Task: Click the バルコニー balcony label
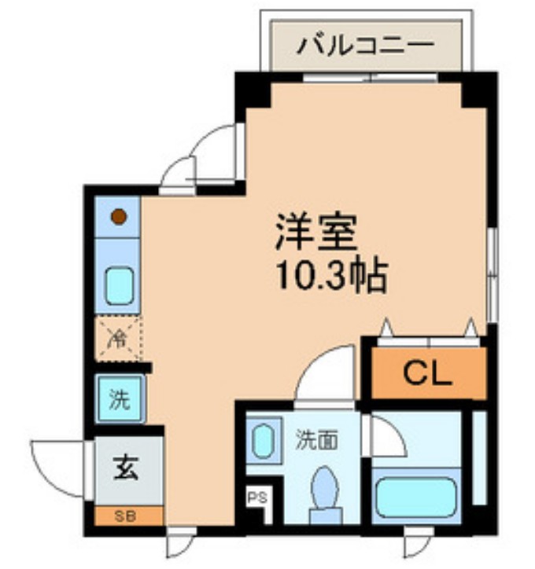(365, 45)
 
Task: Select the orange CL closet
(428, 374)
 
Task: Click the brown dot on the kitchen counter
(118, 215)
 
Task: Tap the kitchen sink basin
(119, 286)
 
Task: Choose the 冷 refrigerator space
(117, 339)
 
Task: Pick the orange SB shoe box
(128, 516)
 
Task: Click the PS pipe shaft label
(256, 497)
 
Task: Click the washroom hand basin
(262, 441)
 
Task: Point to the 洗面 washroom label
(317, 439)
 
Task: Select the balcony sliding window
(370, 77)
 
